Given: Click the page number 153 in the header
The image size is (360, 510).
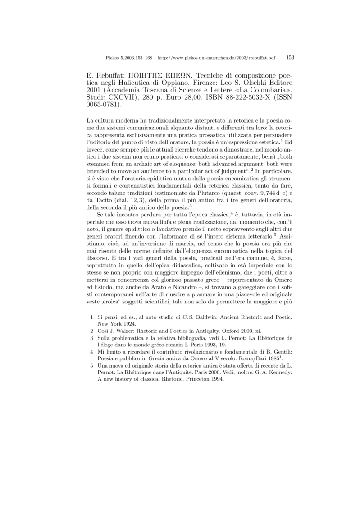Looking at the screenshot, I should click(x=290, y=57).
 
